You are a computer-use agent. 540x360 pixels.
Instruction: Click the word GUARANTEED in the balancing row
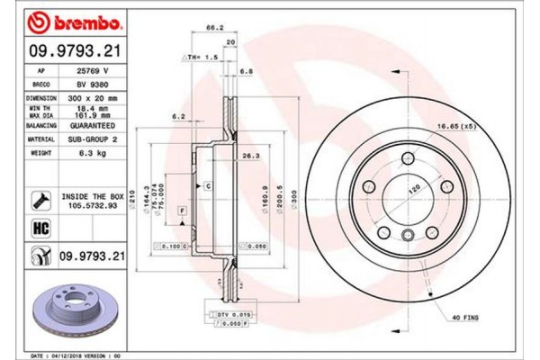(x=93, y=128)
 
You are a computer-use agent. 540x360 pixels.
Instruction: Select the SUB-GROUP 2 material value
(x=93, y=140)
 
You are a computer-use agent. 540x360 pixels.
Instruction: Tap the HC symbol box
(x=41, y=228)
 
